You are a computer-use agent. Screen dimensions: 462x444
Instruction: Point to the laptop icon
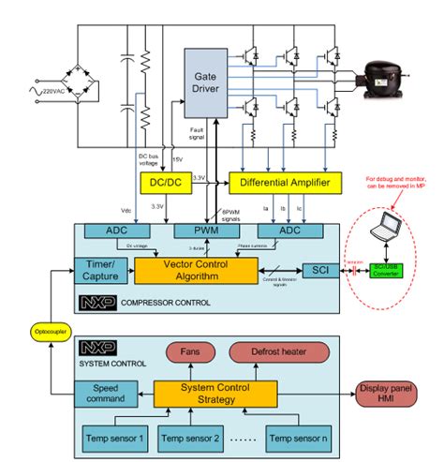pos(385,228)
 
